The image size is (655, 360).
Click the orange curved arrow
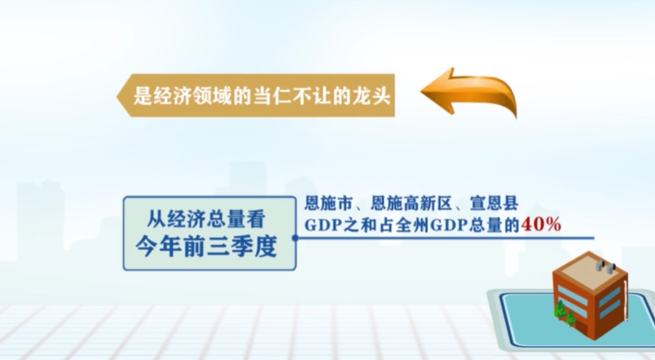tap(472, 89)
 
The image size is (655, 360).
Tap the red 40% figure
tap(541, 225)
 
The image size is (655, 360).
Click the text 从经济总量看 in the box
tap(206, 219)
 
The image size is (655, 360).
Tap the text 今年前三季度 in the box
tap(206, 247)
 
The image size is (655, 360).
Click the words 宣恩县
tap(495, 204)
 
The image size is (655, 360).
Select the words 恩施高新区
tap(411, 204)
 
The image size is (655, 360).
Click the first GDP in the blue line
tap(320, 226)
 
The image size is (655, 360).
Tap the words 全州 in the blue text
tap(413, 226)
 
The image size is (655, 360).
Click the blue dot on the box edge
tap(295, 238)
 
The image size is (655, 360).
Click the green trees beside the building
tap(565, 314)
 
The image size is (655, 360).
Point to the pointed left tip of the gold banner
tap(116, 95)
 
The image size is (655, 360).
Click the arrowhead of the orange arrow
tap(437, 91)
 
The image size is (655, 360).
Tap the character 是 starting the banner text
tap(143, 96)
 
